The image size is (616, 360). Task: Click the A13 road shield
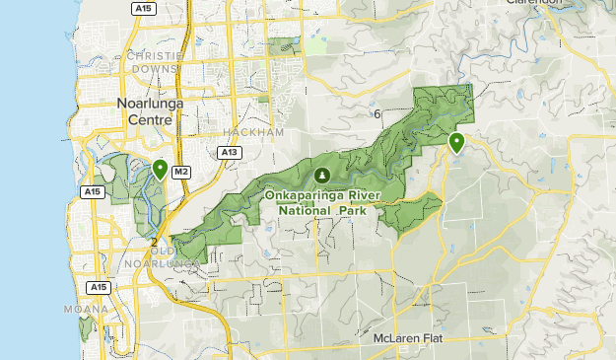point(230,153)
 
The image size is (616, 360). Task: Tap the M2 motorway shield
point(180,172)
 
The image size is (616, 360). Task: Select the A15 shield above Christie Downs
point(144,8)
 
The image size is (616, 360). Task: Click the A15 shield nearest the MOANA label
point(97,287)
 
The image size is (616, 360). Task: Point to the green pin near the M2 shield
point(160,170)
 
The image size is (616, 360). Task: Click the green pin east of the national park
point(456,143)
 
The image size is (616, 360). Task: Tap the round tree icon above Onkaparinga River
point(321,176)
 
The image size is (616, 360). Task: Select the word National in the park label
point(306,209)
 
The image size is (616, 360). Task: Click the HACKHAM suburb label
point(253,131)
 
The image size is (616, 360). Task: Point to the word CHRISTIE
point(156,56)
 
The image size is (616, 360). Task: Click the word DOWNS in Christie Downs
point(157,70)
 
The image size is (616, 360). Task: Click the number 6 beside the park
point(377,115)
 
